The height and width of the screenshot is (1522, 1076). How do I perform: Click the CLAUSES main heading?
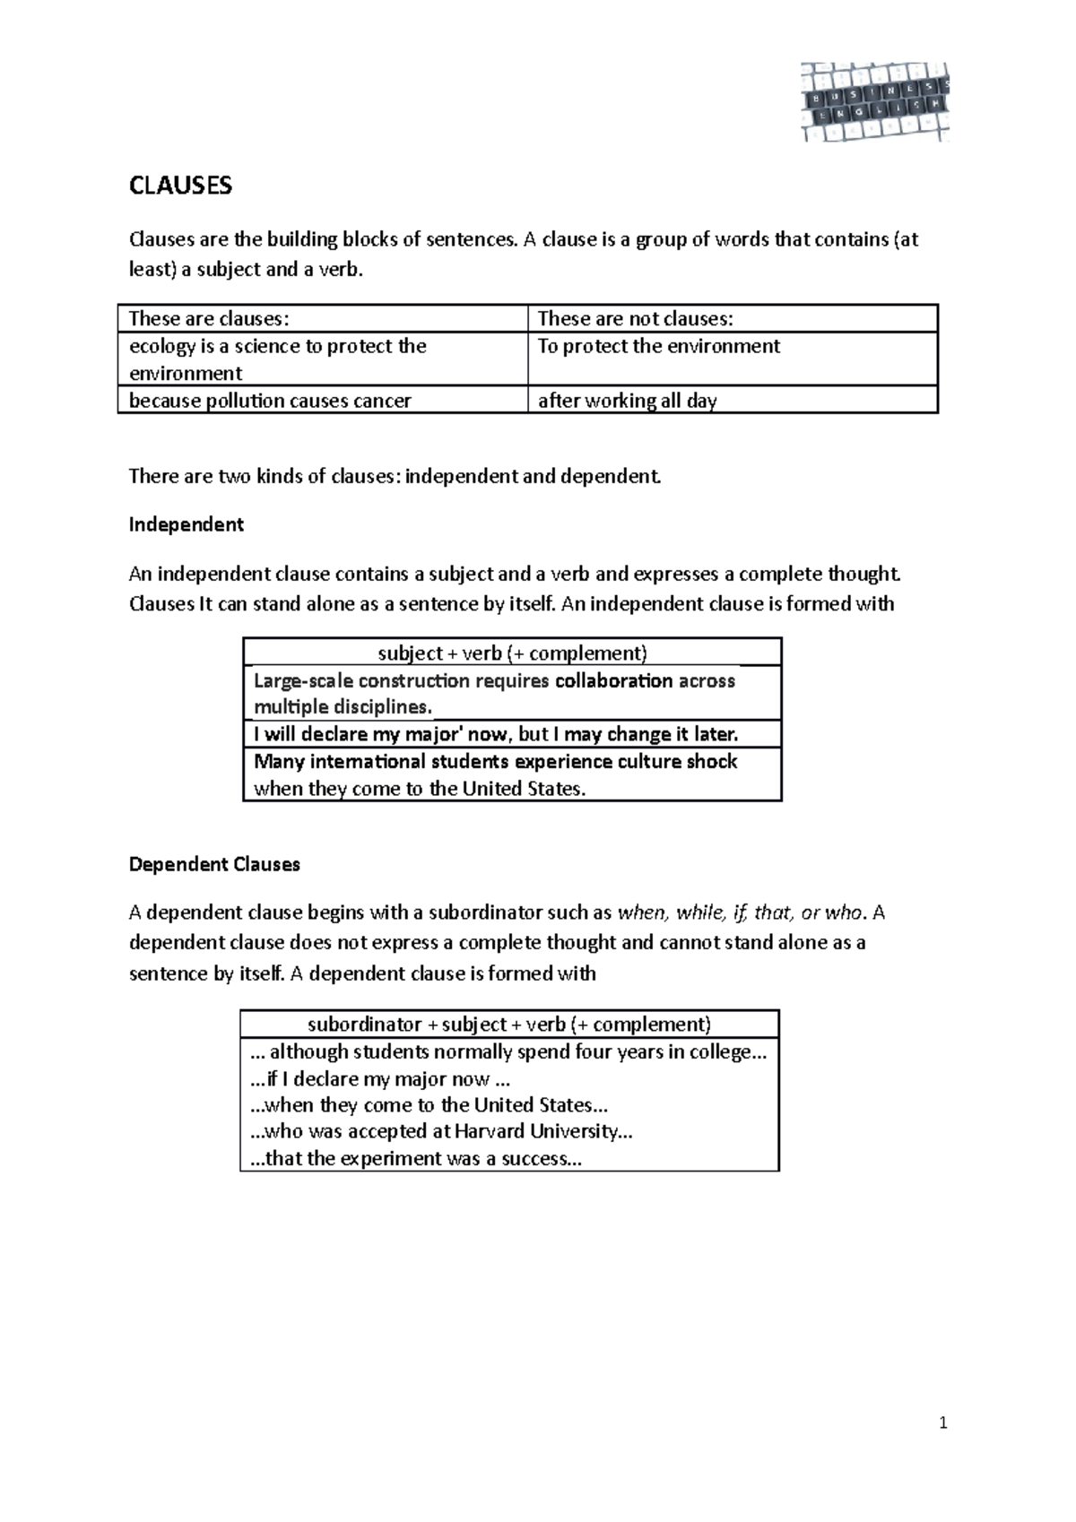(180, 186)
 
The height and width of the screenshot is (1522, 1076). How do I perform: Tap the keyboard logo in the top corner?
(874, 102)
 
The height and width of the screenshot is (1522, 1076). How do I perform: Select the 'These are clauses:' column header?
(210, 319)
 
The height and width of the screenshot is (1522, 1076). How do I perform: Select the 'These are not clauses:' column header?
(635, 319)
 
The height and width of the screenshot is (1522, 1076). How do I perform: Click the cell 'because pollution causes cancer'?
(270, 401)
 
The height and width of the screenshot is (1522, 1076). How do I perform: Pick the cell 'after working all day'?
(627, 401)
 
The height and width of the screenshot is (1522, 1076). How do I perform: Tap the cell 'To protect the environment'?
(658, 346)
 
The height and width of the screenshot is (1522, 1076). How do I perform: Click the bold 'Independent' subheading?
(187, 524)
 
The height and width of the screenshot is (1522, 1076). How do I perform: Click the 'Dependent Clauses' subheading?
(214, 865)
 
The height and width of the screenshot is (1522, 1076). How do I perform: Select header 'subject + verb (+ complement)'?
(512, 653)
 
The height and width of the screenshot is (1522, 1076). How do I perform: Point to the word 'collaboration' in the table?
(613, 681)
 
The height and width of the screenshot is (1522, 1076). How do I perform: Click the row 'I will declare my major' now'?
(496, 734)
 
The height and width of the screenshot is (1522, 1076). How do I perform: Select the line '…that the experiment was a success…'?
(416, 1158)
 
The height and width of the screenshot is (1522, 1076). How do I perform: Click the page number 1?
(943, 1423)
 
